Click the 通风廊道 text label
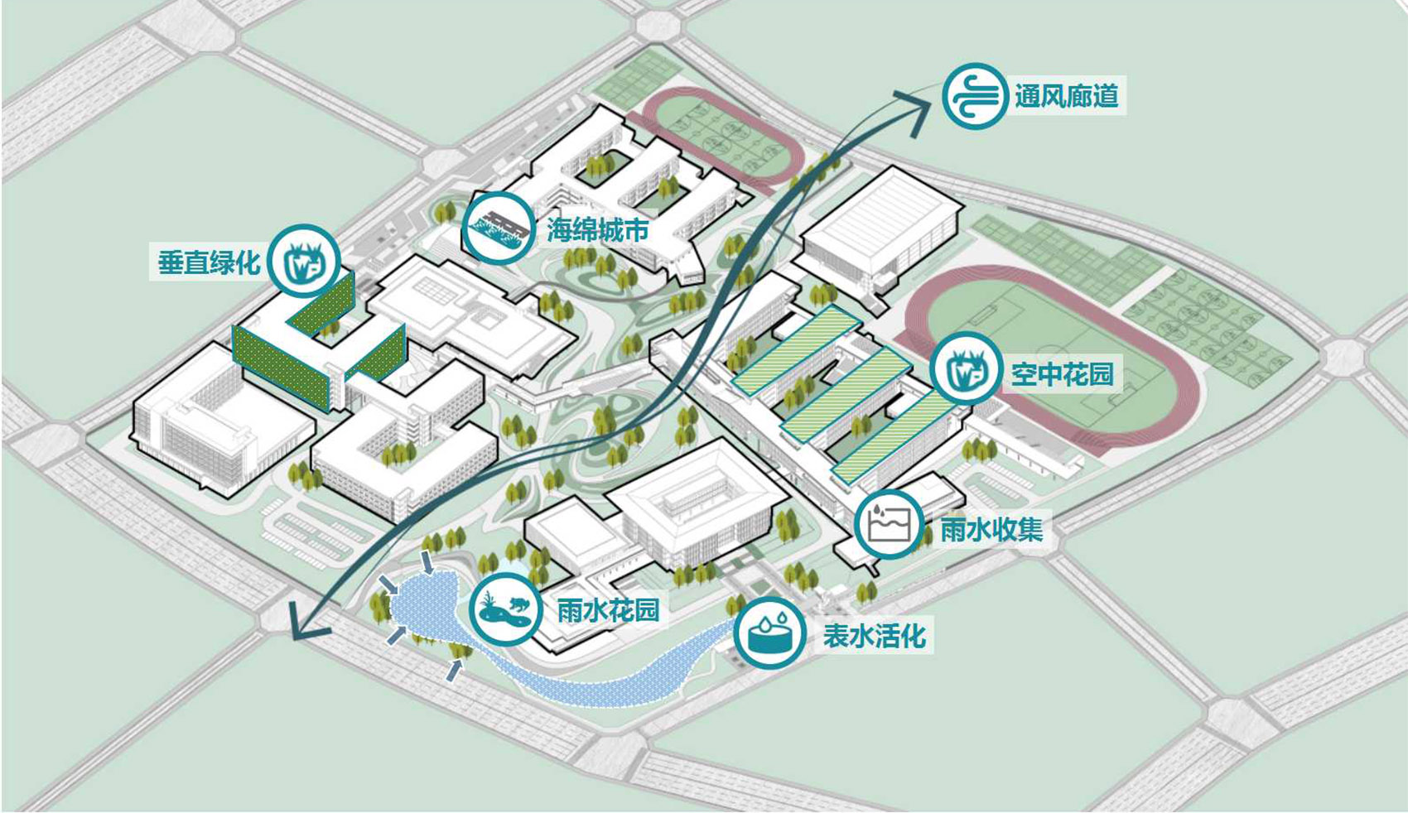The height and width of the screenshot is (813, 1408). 1066,96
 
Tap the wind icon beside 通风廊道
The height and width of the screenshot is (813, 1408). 976,95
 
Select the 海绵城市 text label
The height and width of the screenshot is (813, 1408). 597,229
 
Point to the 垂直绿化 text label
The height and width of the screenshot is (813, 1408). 209,262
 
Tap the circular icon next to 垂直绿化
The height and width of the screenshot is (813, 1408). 304,261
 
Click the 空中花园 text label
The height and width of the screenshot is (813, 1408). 1062,374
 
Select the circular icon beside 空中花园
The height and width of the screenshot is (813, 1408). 966,369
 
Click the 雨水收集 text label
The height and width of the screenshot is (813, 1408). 991,529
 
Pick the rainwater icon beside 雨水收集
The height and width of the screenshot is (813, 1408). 890,524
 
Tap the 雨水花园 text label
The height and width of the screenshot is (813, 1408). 608,611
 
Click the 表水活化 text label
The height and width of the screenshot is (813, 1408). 874,636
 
